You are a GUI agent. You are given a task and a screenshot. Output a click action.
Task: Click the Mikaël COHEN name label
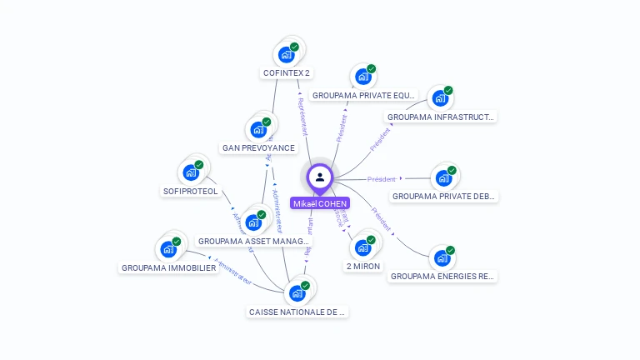pyautogui.click(x=320, y=203)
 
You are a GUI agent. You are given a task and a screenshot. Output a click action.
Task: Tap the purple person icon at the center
pyautogui.click(x=320, y=177)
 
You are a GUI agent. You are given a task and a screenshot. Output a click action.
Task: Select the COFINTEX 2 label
pyautogui.click(x=287, y=73)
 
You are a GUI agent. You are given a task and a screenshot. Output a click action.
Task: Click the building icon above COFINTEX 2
pyautogui.click(x=287, y=55)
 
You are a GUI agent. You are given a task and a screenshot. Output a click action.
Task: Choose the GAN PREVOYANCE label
pyautogui.click(x=258, y=148)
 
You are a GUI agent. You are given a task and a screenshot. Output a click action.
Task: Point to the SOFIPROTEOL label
pyautogui.click(x=191, y=192)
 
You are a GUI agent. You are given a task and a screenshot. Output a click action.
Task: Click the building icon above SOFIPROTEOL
pyautogui.click(x=191, y=173)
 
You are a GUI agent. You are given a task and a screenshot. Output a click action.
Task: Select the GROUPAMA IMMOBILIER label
pyautogui.click(x=169, y=268)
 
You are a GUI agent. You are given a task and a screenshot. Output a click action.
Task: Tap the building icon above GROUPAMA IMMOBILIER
pyautogui.click(x=168, y=249)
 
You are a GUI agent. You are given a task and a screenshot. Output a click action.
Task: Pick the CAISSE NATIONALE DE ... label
pyautogui.click(x=297, y=312)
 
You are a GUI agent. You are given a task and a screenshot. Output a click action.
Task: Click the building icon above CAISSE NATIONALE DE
pyautogui.click(x=297, y=293)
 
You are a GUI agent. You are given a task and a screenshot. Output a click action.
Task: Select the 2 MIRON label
pyautogui.click(x=363, y=267)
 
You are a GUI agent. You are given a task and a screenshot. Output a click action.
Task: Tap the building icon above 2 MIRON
pyautogui.click(x=362, y=247)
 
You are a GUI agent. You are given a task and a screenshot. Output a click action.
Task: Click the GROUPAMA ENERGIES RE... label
pyautogui.click(x=442, y=276)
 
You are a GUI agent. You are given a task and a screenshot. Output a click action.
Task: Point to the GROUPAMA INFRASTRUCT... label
pyautogui.click(x=441, y=117)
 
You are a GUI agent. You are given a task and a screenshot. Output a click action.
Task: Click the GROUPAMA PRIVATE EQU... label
pyautogui.click(x=363, y=96)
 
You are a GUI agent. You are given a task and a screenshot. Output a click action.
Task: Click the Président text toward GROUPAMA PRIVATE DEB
pyautogui.click(x=382, y=179)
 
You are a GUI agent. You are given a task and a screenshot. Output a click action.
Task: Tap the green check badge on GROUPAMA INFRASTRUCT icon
pyautogui.click(x=448, y=90)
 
